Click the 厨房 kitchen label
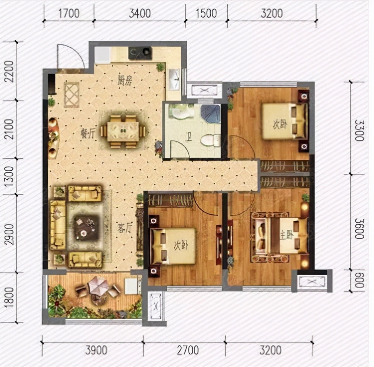coord(125,80)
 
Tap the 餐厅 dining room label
coord(88,134)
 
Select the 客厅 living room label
coord(125,228)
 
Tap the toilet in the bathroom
coord(211,140)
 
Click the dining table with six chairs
coord(123,132)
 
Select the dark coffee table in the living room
coord(86,228)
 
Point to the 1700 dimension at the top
coord(69,13)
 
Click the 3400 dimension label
coord(140,13)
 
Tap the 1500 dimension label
coord(206,13)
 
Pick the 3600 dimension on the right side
coord(359,228)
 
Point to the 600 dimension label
coord(359,280)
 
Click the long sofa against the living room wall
coord(58,225)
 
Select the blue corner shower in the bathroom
coord(210,114)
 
